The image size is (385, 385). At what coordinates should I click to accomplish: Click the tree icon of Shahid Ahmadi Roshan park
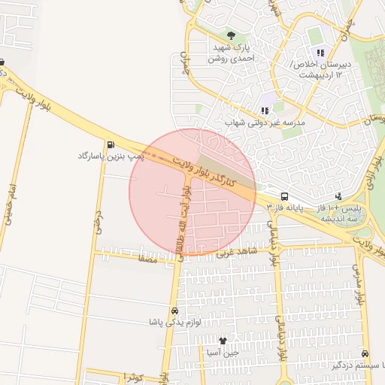click(x=231, y=35)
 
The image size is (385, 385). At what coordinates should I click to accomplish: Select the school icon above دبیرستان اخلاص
click(x=320, y=53)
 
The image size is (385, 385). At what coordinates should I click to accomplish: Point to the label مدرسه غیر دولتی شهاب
click(x=265, y=123)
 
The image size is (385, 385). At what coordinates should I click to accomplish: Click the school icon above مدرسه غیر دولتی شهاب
click(x=265, y=111)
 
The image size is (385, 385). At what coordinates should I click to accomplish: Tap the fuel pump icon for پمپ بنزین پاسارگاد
click(x=111, y=144)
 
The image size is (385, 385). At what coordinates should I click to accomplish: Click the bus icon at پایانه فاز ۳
click(x=285, y=195)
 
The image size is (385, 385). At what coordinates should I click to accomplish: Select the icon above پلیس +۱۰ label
click(x=338, y=196)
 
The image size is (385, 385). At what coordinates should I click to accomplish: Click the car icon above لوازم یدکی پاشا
click(x=174, y=311)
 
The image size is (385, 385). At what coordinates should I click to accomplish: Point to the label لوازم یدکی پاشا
click(x=174, y=322)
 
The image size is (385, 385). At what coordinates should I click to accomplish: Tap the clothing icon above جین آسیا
click(x=223, y=341)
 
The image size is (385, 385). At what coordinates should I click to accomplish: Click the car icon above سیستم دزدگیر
click(x=365, y=353)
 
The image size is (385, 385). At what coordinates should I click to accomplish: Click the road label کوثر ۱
click(x=136, y=375)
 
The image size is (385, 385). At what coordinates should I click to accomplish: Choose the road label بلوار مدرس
click(x=360, y=286)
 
